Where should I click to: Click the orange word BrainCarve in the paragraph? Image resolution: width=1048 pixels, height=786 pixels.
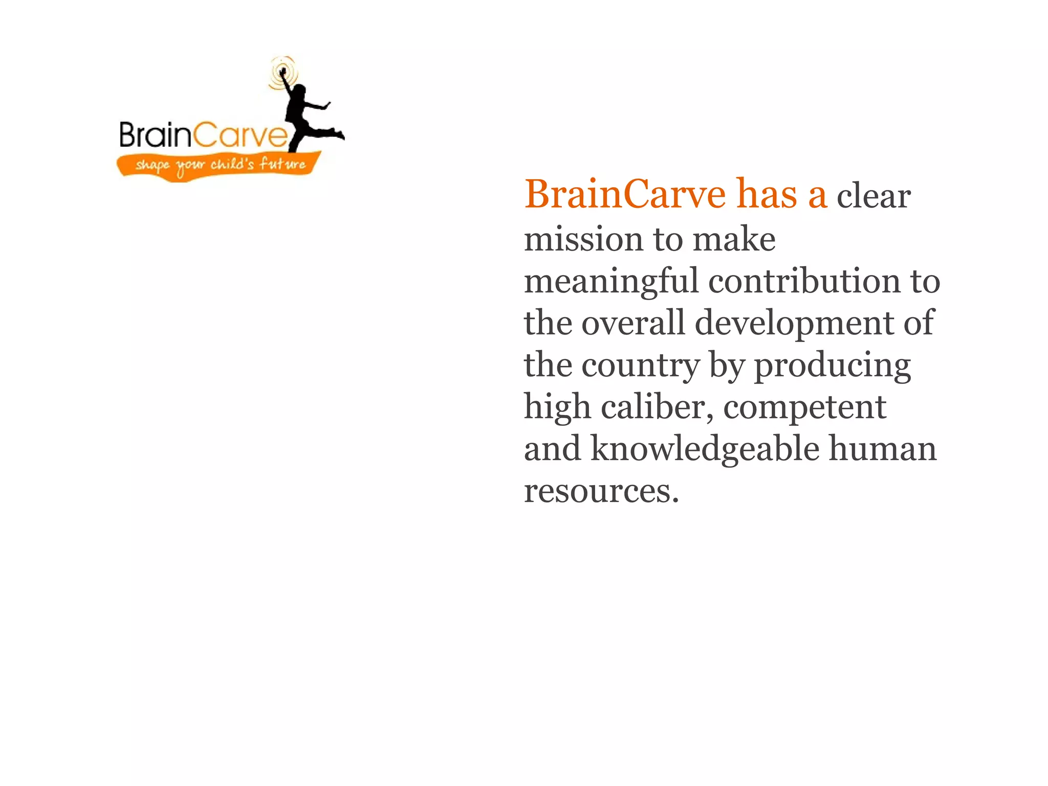tap(625, 195)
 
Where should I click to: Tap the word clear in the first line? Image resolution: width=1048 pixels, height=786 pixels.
tap(874, 196)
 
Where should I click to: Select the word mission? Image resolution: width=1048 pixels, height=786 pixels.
tap(584, 239)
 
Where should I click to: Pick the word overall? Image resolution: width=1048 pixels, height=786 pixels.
tap(633, 323)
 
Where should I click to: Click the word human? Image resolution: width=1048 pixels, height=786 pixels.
tap(883, 449)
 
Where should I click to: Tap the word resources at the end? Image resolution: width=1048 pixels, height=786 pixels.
tap(601, 491)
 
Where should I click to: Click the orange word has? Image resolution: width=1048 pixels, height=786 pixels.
tap(767, 195)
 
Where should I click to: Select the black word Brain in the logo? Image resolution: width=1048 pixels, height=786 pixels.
tap(155, 135)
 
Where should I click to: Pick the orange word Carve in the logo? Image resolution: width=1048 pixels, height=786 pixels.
tap(241, 136)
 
